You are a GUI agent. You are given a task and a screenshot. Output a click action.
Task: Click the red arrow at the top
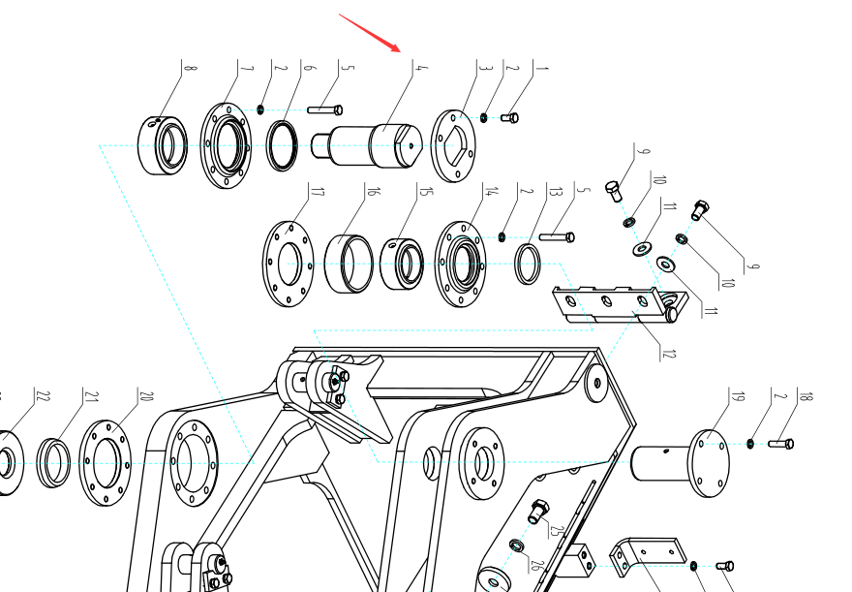point(370,33)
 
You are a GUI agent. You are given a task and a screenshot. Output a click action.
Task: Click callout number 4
point(421,68)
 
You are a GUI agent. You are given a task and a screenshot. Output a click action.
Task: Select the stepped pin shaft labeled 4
point(367,145)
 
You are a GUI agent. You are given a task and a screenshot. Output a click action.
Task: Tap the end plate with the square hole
point(453,145)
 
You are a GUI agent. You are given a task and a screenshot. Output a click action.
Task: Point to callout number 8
point(190,68)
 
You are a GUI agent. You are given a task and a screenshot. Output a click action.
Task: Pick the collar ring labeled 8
point(163,145)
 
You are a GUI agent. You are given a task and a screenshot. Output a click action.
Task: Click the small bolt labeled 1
point(509,117)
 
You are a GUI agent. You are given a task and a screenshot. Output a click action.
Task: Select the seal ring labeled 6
point(282,145)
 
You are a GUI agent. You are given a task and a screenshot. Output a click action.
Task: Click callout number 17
point(319,192)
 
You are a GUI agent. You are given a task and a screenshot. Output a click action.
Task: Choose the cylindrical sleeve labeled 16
point(349,264)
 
